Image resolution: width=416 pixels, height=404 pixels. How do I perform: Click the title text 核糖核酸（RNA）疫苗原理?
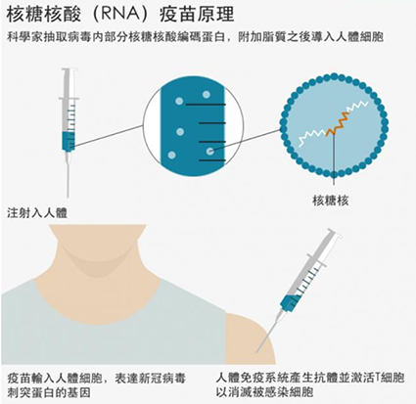tap(120, 15)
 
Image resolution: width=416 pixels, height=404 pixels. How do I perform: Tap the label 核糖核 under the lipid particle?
tap(331, 201)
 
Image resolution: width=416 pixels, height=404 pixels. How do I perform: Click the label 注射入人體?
tap(37, 213)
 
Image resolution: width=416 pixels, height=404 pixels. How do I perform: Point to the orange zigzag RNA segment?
tap(339, 123)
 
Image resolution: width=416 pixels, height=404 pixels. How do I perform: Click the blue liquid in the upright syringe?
tap(69, 141)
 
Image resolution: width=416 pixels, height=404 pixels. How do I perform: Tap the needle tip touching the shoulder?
tap(256, 352)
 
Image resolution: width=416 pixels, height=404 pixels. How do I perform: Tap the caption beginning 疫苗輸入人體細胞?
tap(96, 385)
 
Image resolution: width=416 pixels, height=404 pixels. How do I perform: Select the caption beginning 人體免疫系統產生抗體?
tap(310, 384)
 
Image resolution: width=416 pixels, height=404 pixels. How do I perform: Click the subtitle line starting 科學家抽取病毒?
tap(195, 37)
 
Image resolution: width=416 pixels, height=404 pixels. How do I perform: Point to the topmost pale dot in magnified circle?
tap(207, 95)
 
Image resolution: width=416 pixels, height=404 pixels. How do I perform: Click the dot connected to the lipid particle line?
tap(210, 151)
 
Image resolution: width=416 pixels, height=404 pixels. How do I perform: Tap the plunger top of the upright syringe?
tap(69, 69)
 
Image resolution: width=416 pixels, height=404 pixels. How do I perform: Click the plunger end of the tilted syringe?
tap(334, 233)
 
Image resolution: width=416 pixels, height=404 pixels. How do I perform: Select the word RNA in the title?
tap(123, 15)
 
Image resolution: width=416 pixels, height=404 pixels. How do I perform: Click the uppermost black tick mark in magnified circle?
tap(206, 105)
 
